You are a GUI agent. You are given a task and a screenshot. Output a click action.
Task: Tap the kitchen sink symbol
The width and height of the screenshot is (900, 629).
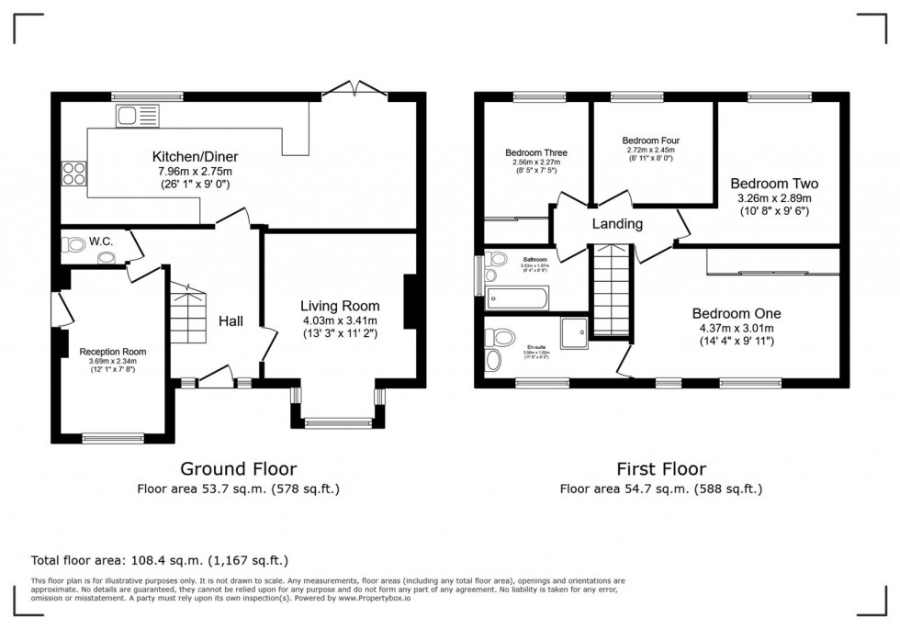point(137,116)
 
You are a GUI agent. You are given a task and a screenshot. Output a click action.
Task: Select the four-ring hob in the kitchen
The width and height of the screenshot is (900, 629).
point(73,174)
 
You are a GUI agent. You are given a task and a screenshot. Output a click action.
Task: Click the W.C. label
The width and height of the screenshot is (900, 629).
point(101,241)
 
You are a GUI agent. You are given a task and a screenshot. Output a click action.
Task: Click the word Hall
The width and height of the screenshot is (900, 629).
point(231,320)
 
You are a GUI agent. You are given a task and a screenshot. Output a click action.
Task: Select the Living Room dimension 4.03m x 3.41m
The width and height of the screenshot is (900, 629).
point(340,320)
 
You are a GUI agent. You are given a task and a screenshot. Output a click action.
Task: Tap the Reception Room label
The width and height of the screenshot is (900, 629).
point(112,352)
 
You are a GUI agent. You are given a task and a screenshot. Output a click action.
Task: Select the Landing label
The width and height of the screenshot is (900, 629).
point(616,224)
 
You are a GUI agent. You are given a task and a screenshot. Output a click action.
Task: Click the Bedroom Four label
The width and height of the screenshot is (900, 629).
point(650,140)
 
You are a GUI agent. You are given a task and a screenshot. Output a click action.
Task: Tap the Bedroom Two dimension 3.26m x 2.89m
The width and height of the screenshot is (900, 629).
point(774,197)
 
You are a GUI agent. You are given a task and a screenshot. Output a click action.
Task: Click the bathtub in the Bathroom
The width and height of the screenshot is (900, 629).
point(518,298)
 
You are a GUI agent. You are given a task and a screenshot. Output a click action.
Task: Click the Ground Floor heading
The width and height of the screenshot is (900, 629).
point(238,469)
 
